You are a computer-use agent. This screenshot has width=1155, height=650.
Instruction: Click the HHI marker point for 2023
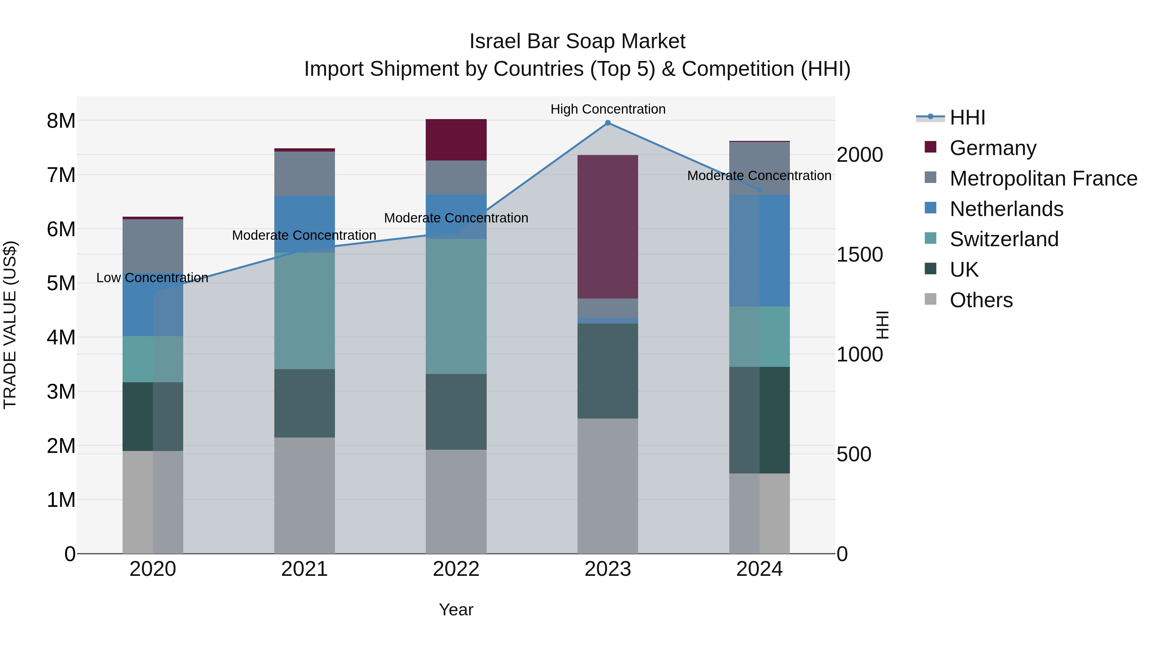coord(608,123)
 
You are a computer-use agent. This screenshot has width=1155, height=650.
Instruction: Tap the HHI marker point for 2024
coord(759,190)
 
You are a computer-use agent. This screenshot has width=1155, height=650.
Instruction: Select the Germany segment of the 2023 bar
coord(608,227)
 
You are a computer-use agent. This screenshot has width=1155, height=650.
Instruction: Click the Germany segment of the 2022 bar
coord(456,140)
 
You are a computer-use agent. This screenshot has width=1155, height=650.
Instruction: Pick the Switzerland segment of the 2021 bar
coord(304,310)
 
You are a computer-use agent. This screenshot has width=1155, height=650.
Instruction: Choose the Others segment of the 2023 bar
coord(608,486)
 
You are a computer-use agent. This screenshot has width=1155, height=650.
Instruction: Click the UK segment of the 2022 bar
coord(456,412)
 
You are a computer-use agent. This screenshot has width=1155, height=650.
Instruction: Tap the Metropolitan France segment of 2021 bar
coord(304,174)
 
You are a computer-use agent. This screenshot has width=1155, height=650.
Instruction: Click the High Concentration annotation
coord(608,109)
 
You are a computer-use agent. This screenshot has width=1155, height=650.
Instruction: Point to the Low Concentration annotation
coord(152,278)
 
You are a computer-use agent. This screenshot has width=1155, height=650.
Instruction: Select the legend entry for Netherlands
coord(1006,209)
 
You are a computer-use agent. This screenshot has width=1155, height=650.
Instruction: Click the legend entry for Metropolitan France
coord(1043,178)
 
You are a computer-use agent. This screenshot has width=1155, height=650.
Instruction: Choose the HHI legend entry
coord(967,117)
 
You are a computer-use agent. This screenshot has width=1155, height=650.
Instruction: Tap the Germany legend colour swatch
coord(930,147)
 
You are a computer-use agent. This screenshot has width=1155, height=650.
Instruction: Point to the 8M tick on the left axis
coord(61,121)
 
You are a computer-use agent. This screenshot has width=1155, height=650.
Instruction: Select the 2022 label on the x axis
coord(456,569)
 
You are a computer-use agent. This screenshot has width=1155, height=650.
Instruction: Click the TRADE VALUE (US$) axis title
coord(10,325)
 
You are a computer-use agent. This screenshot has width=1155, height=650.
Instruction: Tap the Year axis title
coord(456,610)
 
